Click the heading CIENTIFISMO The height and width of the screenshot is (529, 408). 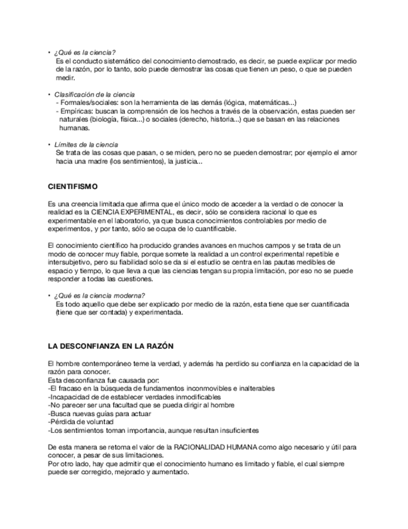pyautogui.click(x=73, y=187)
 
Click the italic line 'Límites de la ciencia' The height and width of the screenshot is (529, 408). pyautogui.click(x=86, y=144)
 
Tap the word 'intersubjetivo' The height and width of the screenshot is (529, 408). pyautogui.click(x=71, y=262)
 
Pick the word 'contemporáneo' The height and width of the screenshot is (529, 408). pyautogui.click(x=105, y=363)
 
